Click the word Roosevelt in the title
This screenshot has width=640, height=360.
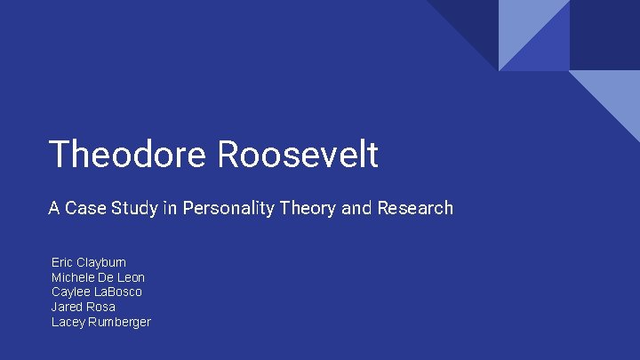(x=297, y=155)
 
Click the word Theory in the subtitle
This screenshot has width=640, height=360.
(x=308, y=209)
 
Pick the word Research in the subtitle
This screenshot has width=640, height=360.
(x=415, y=209)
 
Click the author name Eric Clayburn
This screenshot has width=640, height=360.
(x=89, y=262)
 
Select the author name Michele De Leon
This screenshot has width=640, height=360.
(x=98, y=277)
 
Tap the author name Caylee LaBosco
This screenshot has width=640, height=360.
(x=97, y=292)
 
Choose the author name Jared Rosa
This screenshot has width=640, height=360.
(x=84, y=307)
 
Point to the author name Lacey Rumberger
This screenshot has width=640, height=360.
(x=101, y=322)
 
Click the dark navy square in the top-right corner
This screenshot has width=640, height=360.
(x=604, y=34)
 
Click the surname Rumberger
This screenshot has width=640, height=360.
(x=118, y=322)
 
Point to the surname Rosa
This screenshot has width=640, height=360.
(x=101, y=307)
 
